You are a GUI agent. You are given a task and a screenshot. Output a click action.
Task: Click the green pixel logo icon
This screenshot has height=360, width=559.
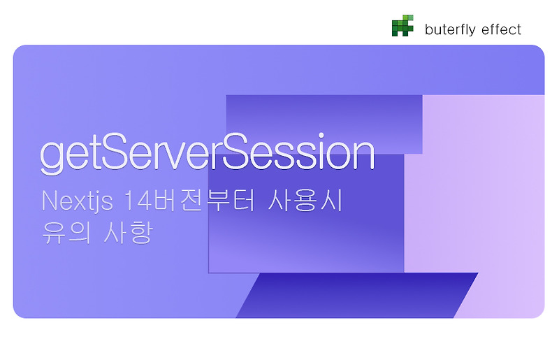point(402,26)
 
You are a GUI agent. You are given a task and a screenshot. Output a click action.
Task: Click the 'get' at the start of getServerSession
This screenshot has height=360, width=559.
point(66,155)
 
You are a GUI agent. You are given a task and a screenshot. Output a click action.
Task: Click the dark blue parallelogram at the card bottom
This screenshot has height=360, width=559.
point(356,296)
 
